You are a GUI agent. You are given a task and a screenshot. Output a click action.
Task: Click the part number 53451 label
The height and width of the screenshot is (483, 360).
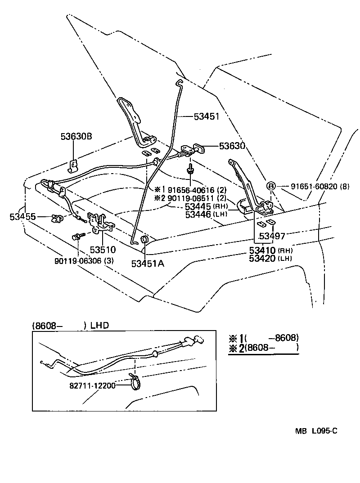(206, 116)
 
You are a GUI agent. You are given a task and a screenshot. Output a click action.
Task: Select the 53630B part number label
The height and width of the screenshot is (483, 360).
(77, 136)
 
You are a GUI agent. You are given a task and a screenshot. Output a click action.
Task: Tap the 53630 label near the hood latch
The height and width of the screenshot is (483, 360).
(232, 146)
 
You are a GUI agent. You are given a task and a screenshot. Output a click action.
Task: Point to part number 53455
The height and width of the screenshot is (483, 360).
(22, 217)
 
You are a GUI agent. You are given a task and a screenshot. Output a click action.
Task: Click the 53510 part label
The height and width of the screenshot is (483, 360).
(103, 250)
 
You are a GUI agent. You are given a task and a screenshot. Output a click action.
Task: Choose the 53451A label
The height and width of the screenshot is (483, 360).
(148, 264)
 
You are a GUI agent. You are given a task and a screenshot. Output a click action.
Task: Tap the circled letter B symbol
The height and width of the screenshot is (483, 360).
(271, 186)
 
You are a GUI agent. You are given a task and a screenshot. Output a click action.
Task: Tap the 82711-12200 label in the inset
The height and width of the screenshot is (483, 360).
(92, 385)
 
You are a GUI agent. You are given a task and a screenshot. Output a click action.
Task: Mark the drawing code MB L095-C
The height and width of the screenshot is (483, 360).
(316, 431)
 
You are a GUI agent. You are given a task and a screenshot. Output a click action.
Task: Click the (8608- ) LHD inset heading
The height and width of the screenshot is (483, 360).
(71, 326)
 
